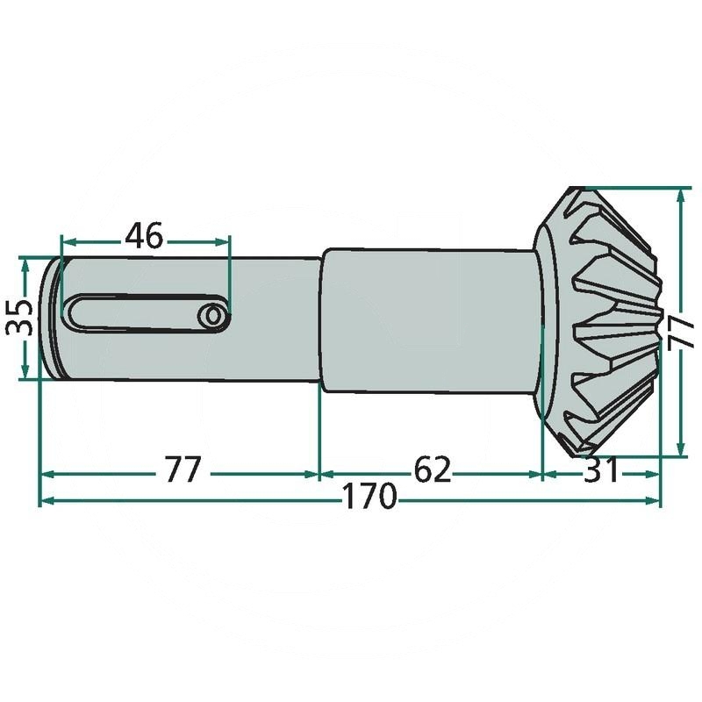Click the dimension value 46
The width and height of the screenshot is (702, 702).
(144, 236)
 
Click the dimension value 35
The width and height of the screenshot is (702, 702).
(19, 318)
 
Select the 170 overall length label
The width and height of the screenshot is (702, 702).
(369, 497)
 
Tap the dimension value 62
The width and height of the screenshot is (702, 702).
(433, 470)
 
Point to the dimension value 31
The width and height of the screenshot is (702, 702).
(601, 470)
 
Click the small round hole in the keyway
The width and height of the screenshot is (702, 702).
(213, 317)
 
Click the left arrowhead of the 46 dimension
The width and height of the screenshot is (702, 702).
(68, 242)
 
